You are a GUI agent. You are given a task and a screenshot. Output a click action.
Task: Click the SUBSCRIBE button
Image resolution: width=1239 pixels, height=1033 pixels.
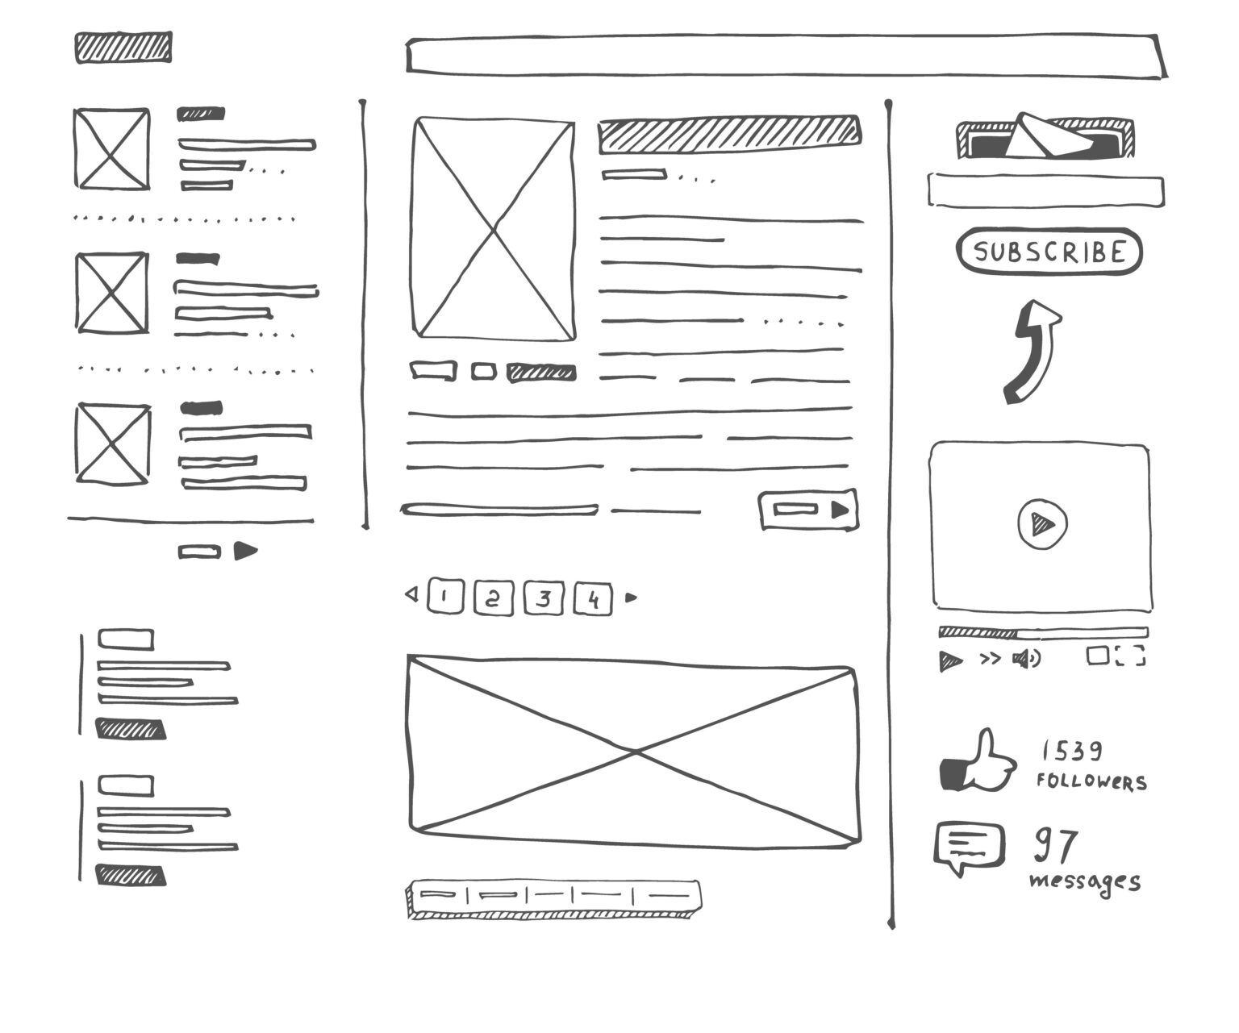(1049, 252)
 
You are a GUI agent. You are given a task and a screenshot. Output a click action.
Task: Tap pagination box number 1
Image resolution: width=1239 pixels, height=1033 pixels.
(445, 598)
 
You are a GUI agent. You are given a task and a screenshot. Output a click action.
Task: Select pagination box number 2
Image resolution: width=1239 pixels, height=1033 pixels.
(494, 598)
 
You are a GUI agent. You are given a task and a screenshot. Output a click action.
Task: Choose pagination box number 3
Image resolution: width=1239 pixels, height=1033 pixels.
(544, 598)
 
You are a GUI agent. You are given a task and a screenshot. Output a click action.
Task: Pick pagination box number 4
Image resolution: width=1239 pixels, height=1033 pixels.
(594, 599)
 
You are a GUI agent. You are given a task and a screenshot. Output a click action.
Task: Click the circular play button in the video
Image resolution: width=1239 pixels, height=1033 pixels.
(1042, 525)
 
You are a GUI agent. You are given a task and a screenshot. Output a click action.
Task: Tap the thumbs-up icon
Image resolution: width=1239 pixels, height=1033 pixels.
(977, 762)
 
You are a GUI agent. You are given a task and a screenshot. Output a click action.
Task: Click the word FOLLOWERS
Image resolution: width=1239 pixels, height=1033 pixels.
(1091, 781)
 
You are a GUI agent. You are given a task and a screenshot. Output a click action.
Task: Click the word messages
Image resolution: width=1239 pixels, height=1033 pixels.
(1085, 881)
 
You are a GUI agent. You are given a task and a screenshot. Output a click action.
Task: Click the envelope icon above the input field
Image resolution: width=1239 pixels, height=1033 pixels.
(1045, 136)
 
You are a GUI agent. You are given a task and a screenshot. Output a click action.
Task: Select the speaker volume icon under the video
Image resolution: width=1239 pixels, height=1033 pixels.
(1026, 659)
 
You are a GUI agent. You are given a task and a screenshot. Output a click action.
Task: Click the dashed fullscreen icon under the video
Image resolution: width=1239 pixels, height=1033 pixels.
(1130, 656)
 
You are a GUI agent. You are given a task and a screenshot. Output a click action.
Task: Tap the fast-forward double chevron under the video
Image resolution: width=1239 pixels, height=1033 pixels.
(990, 659)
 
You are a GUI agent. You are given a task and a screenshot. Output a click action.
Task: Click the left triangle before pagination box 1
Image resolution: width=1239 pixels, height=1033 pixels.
(411, 595)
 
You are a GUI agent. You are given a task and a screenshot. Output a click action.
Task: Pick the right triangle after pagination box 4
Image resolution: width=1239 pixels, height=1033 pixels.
(632, 598)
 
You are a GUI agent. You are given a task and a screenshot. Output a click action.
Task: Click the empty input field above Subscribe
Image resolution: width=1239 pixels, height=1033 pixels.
(1045, 191)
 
